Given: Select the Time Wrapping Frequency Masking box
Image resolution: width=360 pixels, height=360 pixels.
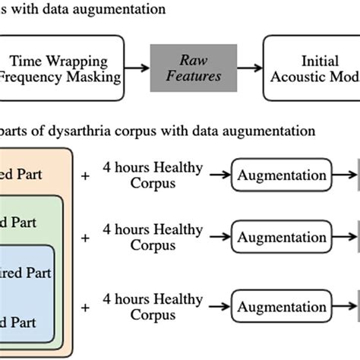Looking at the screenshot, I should coord(62,68).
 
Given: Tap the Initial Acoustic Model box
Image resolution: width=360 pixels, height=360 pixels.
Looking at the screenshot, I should coord(311,68).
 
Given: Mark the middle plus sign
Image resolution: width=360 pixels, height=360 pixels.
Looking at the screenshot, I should coord(85,238).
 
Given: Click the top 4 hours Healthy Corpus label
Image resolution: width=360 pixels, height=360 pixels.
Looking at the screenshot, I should coord(153,175).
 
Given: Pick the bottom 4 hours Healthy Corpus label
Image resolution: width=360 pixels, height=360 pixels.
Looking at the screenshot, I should coord(153,307).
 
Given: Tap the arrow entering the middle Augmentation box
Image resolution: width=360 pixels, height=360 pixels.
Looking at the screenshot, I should coord(219,238).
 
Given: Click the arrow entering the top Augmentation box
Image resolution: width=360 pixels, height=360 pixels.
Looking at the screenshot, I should coord(219,175).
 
